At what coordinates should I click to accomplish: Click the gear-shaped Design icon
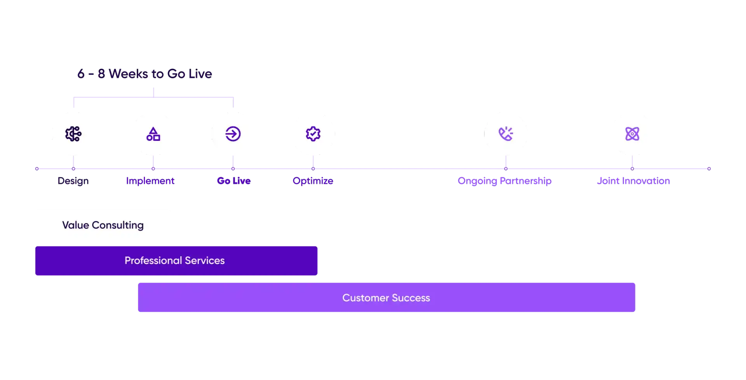pyautogui.click(x=73, y=134)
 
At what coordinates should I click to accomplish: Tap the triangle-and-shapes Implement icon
pyautogui.click(x=153, y=134)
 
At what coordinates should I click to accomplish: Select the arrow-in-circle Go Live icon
pyautogui.click(x=233, y=134)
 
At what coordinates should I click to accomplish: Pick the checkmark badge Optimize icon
pyautogui.click(x=313, y=134)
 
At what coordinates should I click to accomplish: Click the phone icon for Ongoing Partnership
pyautogui.click(x=505, y=134)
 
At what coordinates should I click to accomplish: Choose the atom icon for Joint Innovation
pyautogui.click(x=632, y=134)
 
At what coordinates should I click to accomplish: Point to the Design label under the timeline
pyautogui.click(x=73, y=181)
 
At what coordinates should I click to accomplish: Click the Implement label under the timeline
pyautogui.click(x=150, y=181)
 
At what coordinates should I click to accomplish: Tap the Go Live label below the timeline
pyautogui.click(x=234, y=181)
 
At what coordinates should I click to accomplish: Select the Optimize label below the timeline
pyautogui.click(x=313, y=181)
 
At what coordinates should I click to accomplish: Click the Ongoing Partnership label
pyautogui.click(x=505, y=181)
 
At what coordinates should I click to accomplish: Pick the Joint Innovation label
pyautogui.click(x=634, y=181)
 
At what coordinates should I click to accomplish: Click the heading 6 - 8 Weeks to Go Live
pyautogui.click(x=144, y=74)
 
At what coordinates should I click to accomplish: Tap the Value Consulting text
pyautogui.click(x=103, y=225)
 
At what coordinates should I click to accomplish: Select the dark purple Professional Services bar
pyautogui.click(x=177, y=261)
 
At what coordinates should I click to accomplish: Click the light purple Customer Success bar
pyautogui.click(x=387, y=298)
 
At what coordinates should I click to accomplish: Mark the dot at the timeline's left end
pyautogui.click(x=37, y=168)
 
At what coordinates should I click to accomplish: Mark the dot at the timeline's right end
pyautogui.click(x=709, y=168)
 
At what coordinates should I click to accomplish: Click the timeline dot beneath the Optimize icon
pyautogui.click(x=313, y=168)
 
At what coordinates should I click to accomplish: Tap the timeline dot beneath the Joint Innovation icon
pyautogui.click(x=632, y=168)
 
